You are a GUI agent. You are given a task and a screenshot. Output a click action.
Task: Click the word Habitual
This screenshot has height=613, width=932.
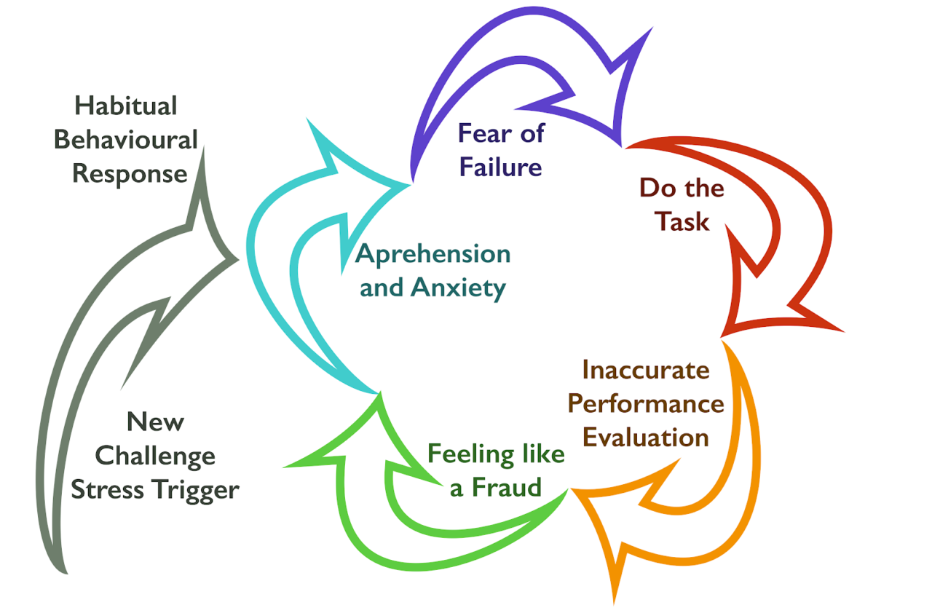[126, 106]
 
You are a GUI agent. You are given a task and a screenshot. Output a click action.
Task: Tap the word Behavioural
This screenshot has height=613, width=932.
[126, 140]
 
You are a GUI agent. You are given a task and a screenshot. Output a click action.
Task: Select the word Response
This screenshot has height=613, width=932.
[130, 174]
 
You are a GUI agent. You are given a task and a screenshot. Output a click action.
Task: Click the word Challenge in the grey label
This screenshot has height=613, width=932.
[155, 456]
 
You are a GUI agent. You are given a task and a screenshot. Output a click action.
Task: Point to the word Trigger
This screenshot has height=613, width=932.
[198, 491]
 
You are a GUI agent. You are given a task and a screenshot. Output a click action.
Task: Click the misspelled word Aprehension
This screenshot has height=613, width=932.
[433, 255]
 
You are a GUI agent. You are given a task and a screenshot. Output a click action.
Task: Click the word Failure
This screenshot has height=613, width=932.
[500, 167]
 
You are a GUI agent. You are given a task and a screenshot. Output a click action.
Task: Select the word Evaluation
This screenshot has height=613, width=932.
[647, 437]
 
